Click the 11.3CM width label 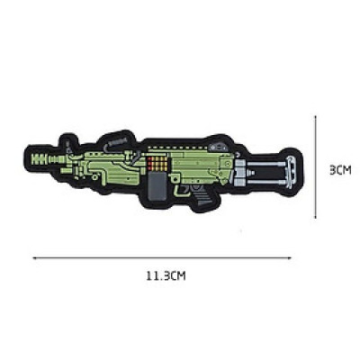tap(166, 275)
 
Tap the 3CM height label tap(340, 170)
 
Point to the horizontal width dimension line tap(162, 257)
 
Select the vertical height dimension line tap(315, 166)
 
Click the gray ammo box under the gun tap(157, 185)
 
